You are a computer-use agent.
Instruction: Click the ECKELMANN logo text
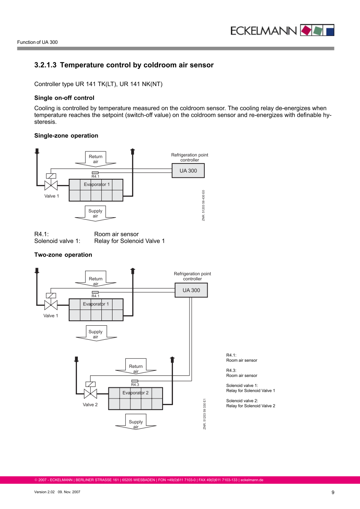pyautogui.click(x=264, y=31)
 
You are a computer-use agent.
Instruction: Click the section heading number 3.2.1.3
pyautogui.click(x=45, y=65)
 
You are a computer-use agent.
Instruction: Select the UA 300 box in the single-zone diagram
pyautogui.click(x=188, y=170)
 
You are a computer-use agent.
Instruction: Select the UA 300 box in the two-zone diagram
pyautogui.click(x=191, y=290)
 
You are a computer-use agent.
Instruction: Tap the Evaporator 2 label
pyautogui.click(x=135, y=393)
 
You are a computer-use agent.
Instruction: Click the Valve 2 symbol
pyautogui.click(x=90, y=392)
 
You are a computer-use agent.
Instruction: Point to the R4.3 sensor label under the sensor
pyautogui.click(x=135, y=385)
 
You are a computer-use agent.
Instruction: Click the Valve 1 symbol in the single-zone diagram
pyautogui.click(x=51, y=184)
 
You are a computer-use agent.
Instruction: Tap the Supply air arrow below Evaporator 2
pyautogui.click(x=136, y=422)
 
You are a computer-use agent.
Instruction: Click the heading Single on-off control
pyautogui.click(x=64, y=98)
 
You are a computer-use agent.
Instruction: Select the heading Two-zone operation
pyautogui.click(x=63, y=255)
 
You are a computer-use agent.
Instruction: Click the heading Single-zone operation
pyautogui.click(x=66, y=136)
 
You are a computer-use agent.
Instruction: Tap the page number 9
pyautogui.click(x=333, y=492)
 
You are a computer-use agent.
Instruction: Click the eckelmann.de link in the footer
pyautogui.click(x=252, y=480)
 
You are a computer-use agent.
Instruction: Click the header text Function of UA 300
pyautogui.click(x=37, y=42)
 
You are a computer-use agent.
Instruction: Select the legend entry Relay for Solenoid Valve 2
pyautogui.click(x=250, y=406)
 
